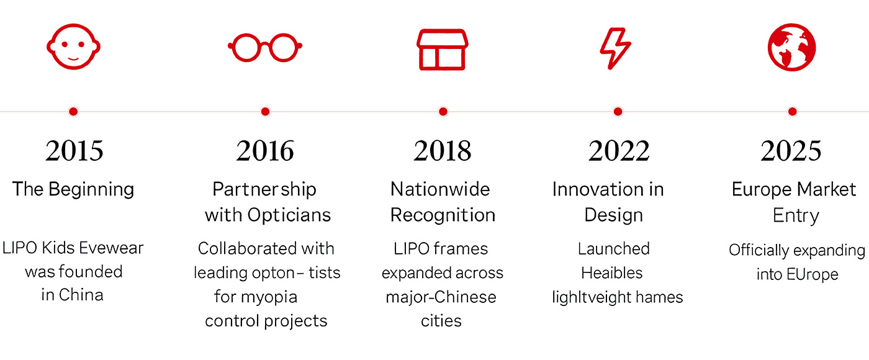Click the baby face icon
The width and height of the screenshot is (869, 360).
pyautogui.click(x=74, y=47)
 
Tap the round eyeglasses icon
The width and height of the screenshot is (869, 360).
pyautogui.click(x=266, y=47)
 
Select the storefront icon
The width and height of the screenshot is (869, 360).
pyautogui.click(x=442, y=50)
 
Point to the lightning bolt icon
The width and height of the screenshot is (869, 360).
pyautogui.click(x=615, y=48)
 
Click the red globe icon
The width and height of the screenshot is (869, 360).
pyautogui.click(x=792, y=47)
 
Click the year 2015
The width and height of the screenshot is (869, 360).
pyautogui.click(x=74, y=150)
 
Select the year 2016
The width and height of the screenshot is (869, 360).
pyautogui.click(x=266, y=150)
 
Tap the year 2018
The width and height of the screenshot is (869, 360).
pyautogui.click(x=443, y=150)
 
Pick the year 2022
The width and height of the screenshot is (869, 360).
pyautogui.click(x=619, y=150)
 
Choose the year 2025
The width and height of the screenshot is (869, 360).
pyautogui.click(x=791, y=150)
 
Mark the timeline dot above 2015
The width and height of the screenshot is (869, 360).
pyautogui.click(x=73, y=112)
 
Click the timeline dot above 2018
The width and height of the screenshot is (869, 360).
pyautogui.click(x=443, y=112)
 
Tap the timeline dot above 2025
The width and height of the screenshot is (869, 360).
pyautogui.click(x=793, y=112)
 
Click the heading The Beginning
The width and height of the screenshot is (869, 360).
pyautogui.click(x=73, y=190)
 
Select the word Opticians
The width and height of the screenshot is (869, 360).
pyautogui.click(x=289, y=215)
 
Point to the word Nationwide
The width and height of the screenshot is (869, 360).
pyautogui.click(x=440, y=189)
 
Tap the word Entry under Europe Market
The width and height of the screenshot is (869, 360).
pyautogui.click(x=796, y=216)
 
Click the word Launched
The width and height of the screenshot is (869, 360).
pyautogui.click(x=614, y=249)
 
